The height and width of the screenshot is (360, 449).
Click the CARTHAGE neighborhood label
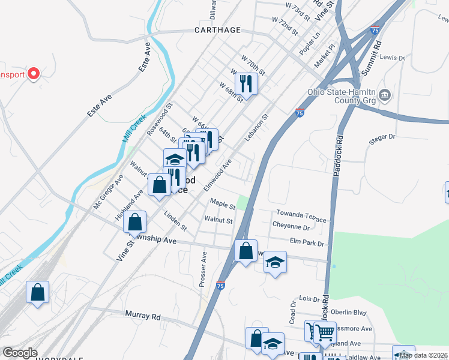pyautogui.click(x=217, y=30)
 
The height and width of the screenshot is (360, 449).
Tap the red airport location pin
pyautogui.click(x=34, y=74)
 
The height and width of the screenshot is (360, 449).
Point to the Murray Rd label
pyautogui.click(x=143, y=314)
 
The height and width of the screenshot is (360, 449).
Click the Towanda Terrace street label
pyautogui.click(x=301, y=215)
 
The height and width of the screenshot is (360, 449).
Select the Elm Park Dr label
pyautogui.click(x=307, y=244)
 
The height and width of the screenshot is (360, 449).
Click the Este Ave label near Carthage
pyautogui.click(x=144, y=57)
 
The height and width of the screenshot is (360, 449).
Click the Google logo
pyautogui.click(x=20, y=353)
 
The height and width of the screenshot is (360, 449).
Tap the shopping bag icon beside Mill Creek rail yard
pyautogui.click(x=37, y=293)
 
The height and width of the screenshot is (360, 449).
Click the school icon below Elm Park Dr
pyautogui.click(x=275, y=262)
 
